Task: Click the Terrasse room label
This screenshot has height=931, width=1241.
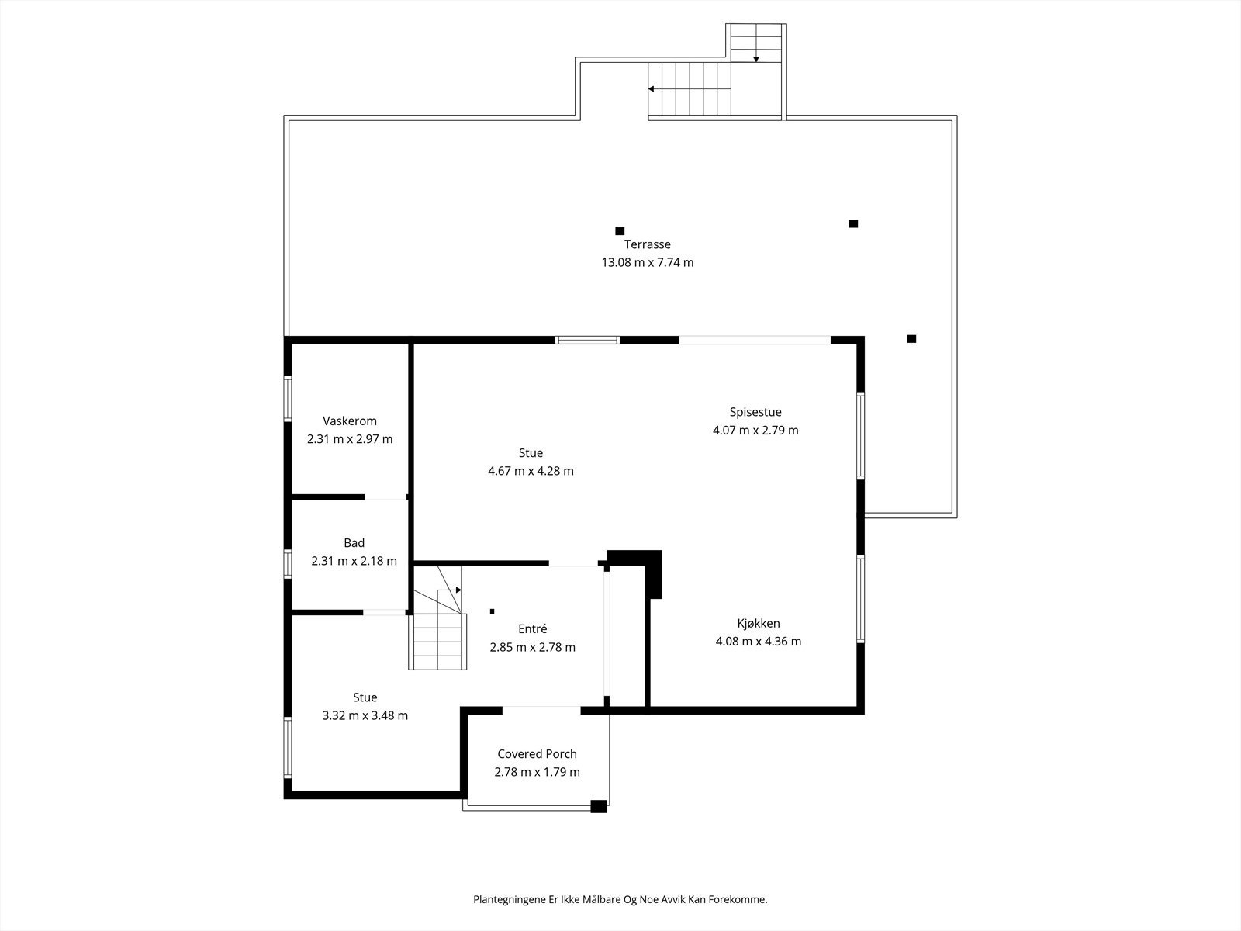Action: click(x=648, y=244)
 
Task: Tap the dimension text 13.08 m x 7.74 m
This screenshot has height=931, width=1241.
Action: click(x=648, y=262)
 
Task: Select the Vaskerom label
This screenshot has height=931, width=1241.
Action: click(x=350, y=421)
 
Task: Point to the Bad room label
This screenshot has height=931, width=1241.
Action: click(x=354, y=543)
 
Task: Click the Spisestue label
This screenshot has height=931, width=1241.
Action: click(x=755, y=412)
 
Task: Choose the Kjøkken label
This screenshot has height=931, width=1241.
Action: click(x=759, y=623)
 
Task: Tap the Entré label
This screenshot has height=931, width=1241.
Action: click(x=533, y=629)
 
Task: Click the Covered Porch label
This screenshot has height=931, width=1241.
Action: click(x=537, y=754)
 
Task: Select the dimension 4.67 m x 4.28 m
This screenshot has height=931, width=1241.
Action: click(x=531, y=471)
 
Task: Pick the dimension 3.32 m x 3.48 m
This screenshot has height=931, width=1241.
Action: click(x=365, y=715)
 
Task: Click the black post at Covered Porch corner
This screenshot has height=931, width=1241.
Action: click(x=598, y=806)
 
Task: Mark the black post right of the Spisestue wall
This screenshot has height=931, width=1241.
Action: click(x=911, y=339)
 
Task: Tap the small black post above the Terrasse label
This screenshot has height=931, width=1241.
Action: click(x=620, y=231)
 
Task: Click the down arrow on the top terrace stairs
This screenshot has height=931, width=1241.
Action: click(x=756, y=58)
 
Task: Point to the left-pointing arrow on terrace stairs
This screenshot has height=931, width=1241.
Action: click(x=652, y=89)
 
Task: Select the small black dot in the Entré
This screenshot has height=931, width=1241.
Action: click(x=493, y=611)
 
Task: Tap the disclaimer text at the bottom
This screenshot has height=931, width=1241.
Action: click(x=620, y=900)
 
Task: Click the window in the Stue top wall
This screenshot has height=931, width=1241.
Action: click(x=587, y=340)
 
